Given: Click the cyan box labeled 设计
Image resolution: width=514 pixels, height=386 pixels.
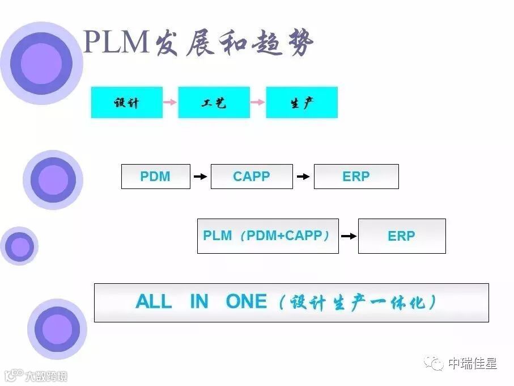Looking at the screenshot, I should coord(126,103).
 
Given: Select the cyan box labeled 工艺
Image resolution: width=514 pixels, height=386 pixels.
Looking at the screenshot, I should coord(214,103).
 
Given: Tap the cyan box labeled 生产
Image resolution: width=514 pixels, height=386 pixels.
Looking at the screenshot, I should coord(301,103).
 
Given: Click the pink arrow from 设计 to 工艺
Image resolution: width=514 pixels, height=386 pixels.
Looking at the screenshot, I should coord(170,102).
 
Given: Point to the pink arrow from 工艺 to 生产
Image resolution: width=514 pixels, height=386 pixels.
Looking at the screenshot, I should coord(257,102).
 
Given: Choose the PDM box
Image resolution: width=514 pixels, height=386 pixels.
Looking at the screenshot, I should coord(155,177).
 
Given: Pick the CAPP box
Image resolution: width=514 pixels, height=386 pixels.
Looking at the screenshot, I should coord(252,177).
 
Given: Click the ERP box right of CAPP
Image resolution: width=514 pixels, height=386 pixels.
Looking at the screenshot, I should coord(356,177).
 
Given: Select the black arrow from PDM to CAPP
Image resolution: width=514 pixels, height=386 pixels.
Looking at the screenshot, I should coord(200,177).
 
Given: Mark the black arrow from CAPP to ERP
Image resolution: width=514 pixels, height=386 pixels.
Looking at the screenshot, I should coord(303,177).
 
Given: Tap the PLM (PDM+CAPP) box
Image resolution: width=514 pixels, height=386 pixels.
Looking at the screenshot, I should coord(267,236).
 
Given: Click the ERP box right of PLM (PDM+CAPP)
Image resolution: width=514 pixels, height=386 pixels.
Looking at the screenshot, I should coord(402,236).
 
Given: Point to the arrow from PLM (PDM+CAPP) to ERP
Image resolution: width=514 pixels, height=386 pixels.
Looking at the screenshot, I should coord(349,236).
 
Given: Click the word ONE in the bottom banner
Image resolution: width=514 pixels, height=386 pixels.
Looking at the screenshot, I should coord(246,301).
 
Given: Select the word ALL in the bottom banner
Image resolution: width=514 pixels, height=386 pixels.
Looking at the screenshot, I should coord(154,301).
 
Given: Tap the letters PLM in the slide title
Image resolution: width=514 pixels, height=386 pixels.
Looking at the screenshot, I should coord(116,43).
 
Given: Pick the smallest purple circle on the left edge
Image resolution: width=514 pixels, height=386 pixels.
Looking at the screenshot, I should coord(20,246).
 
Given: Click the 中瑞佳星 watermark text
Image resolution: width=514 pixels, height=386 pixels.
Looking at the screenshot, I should coord(472,363).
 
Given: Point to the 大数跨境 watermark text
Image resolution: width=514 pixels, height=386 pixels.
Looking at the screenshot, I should coord(45,376).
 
